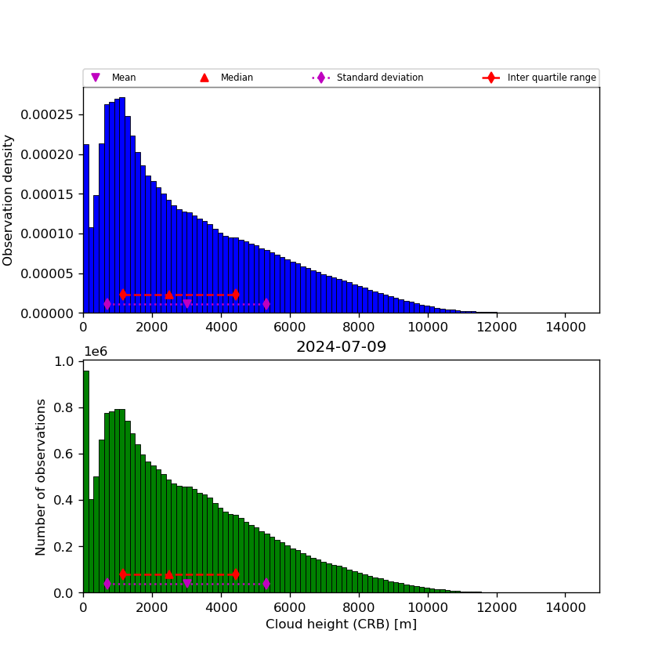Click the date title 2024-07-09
point(341,347)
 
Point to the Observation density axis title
point(9,200)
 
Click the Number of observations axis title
point(42,476)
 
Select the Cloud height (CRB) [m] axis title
point(341,624)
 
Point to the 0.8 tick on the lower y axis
point(63,407)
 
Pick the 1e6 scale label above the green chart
point(96,352)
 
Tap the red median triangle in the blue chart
point(168,295)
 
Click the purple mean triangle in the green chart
point(186,584)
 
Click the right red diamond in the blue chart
point(235,295)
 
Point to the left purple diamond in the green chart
point(107,584)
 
